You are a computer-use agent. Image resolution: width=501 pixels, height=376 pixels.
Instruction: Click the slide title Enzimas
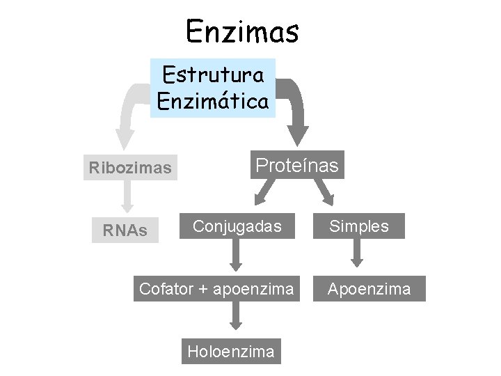[242, 31]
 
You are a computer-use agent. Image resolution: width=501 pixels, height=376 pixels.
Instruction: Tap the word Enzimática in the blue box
[213, 102]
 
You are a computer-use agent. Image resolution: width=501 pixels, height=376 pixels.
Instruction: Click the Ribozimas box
[130, 168]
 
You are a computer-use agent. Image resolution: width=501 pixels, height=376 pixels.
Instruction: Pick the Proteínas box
[297, 166]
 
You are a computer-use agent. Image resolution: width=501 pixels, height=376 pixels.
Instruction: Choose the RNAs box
[125, 230]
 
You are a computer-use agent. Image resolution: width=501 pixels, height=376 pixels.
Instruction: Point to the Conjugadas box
[237, 226]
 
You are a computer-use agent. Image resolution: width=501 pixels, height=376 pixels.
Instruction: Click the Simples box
[358, 226]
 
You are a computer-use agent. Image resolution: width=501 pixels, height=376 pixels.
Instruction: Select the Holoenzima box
[230, 351]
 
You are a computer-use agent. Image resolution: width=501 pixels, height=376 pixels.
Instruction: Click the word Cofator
[166, 288]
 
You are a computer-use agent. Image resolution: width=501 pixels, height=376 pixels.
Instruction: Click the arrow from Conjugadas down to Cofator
[236, 256]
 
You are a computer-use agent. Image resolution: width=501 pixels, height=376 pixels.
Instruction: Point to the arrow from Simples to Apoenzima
[357, 255]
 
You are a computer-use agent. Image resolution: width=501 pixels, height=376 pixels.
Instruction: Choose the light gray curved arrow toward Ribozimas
[129, 111]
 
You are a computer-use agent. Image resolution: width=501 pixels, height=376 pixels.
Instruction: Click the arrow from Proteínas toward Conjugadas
[264, 191]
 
